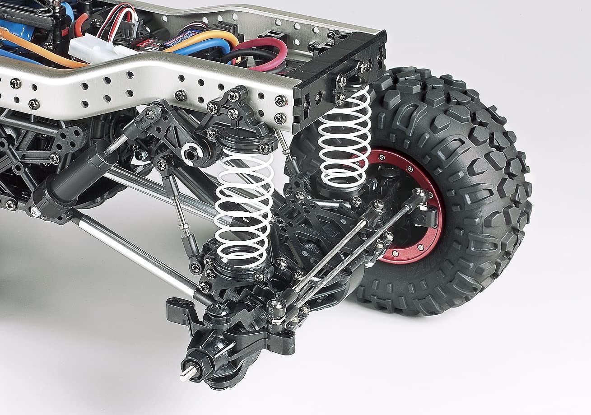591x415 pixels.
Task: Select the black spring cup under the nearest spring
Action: tap(237, 271)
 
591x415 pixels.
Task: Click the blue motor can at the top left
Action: tap(18, 27)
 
